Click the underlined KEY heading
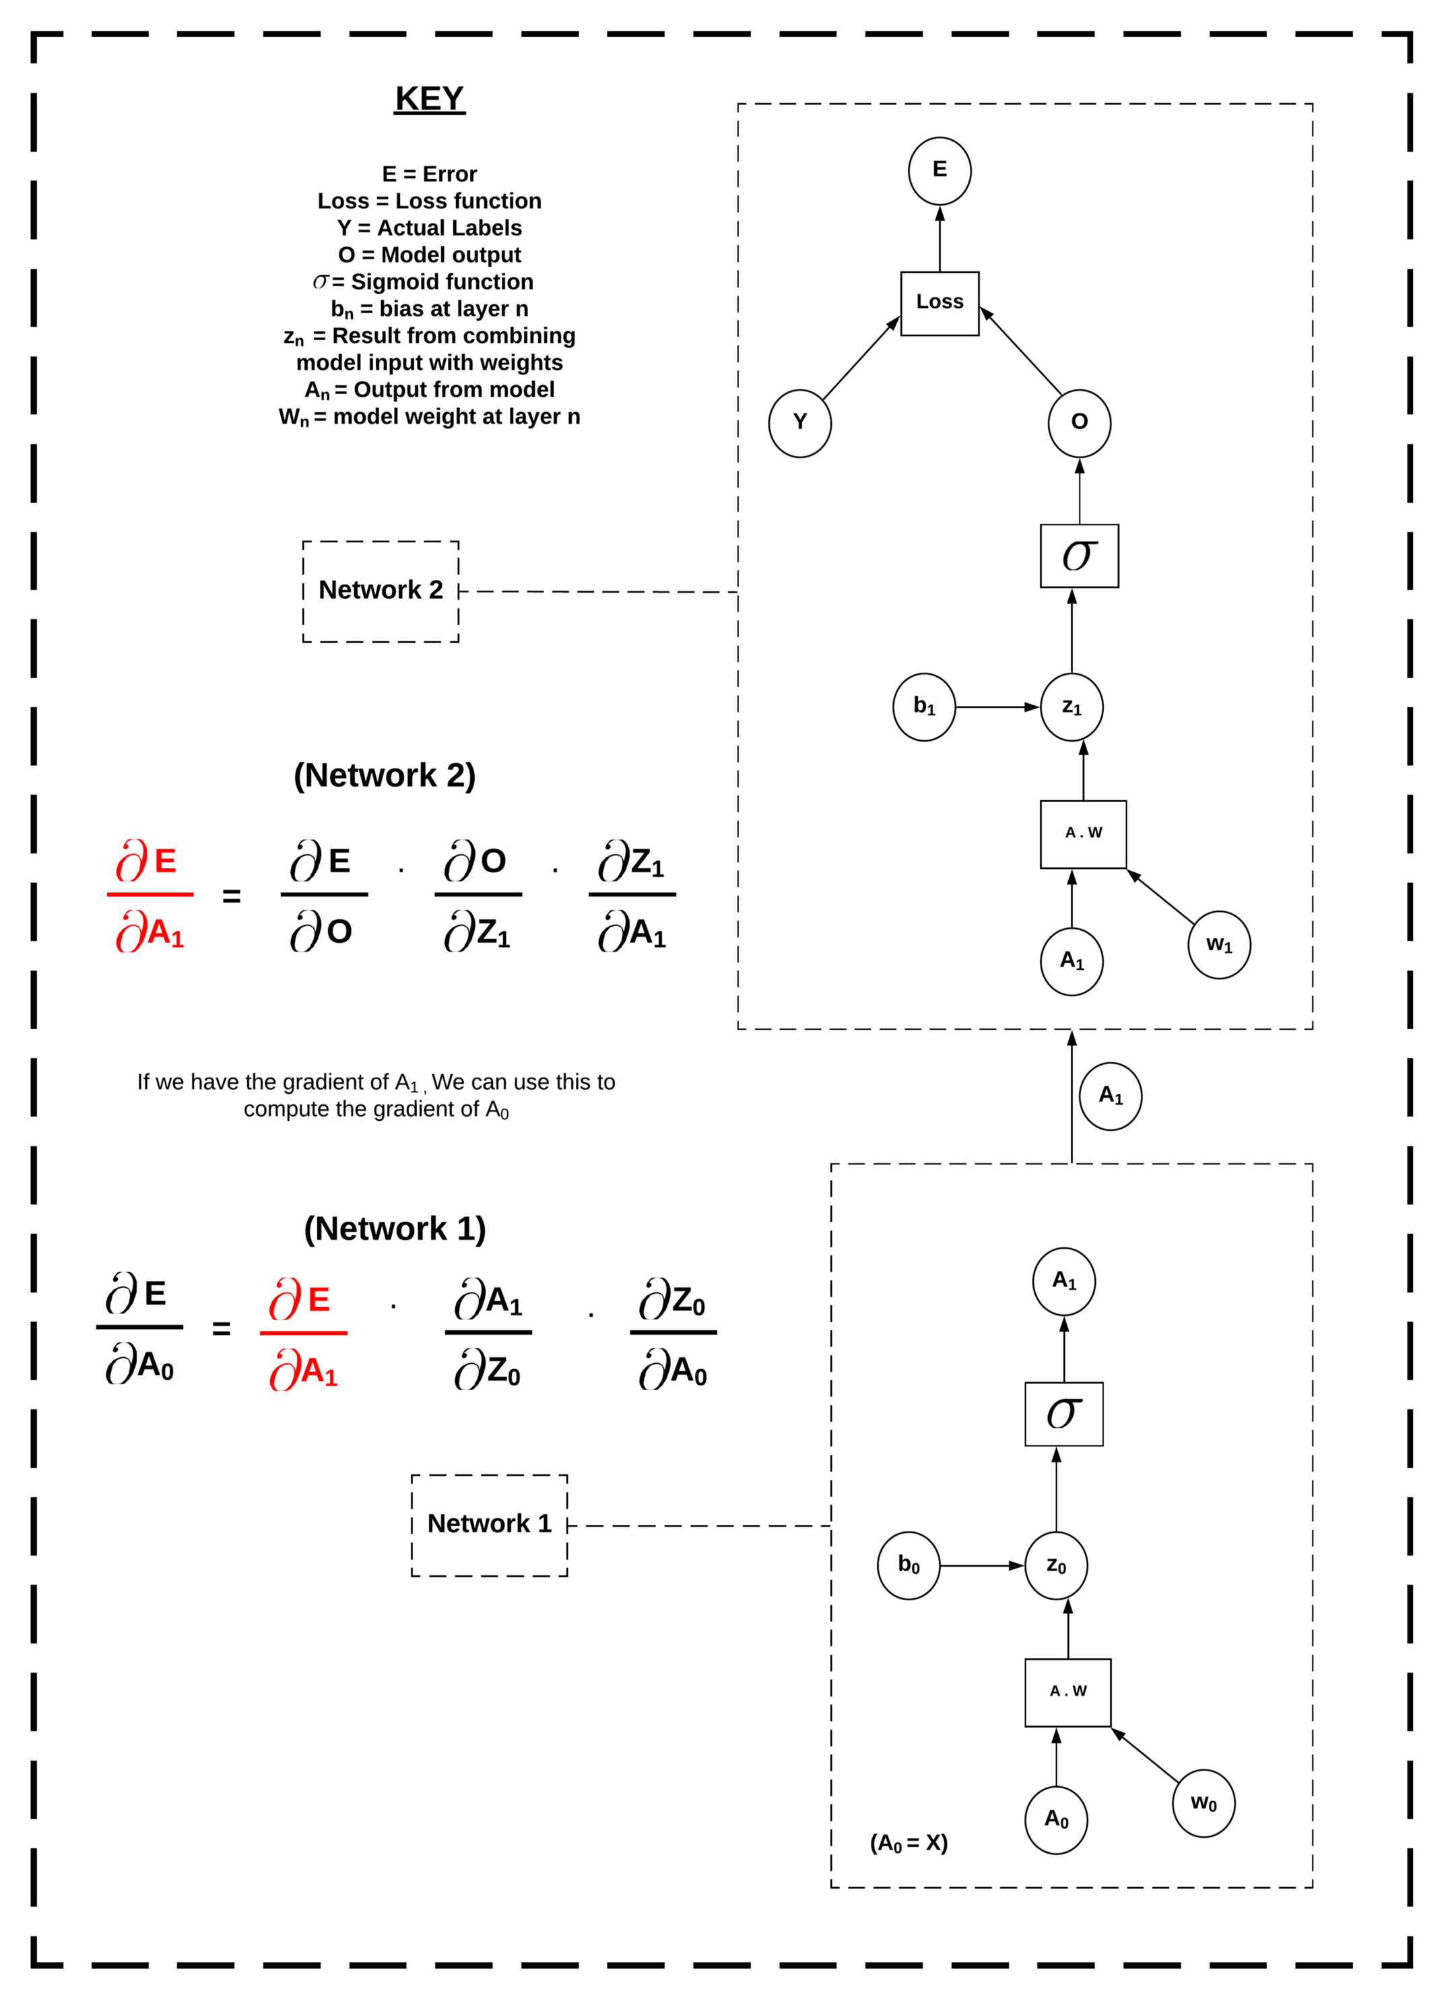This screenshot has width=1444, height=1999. (x=429, y=99)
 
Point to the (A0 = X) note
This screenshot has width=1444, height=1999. (x=908, y=1843)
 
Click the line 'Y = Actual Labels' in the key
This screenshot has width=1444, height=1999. (x=429, y=228)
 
